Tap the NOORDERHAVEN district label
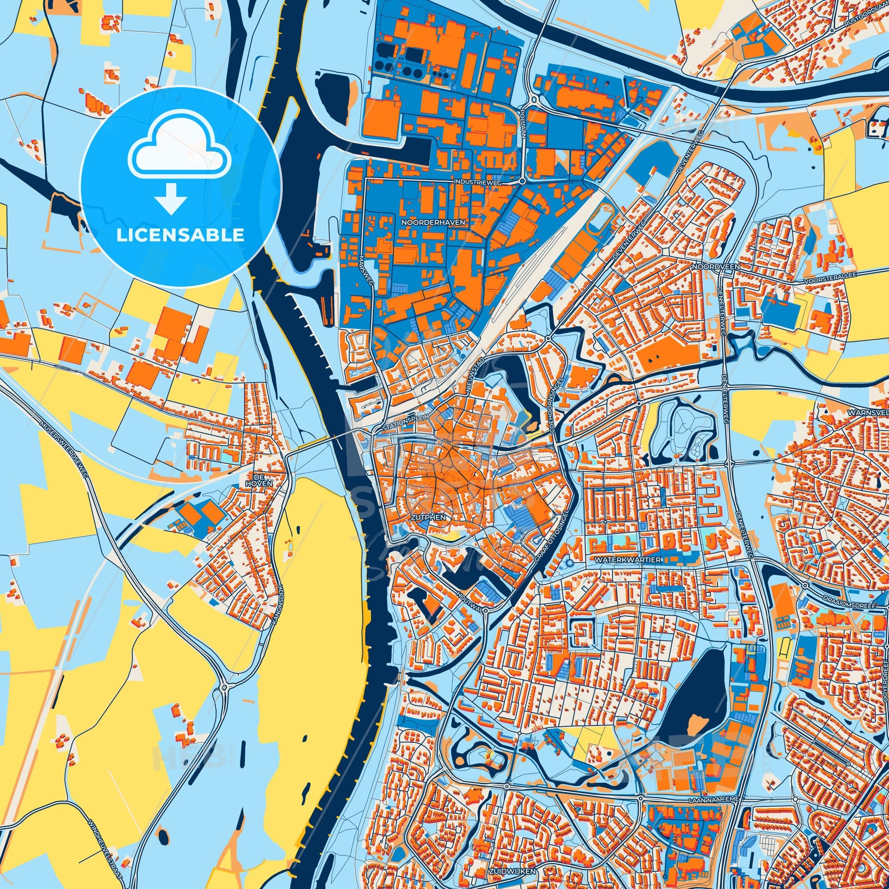433,222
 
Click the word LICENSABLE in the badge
180,235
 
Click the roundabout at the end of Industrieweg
522,181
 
